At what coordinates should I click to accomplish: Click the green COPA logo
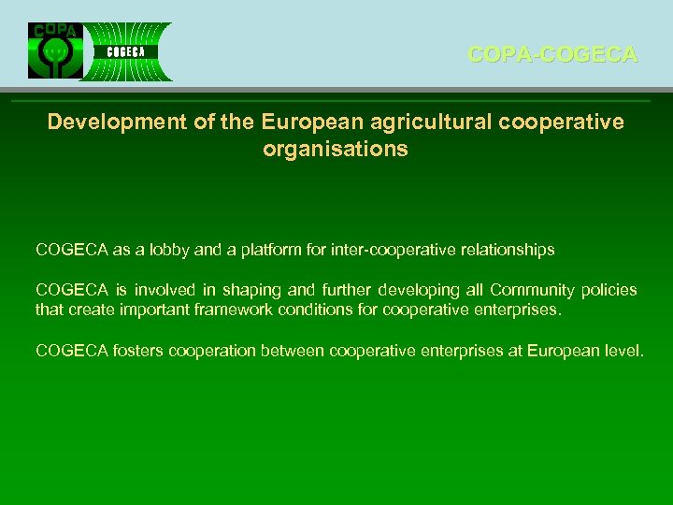[55, 50]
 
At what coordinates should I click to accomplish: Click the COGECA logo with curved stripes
[126, 51]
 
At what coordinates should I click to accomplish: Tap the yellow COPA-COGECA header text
[552, 55]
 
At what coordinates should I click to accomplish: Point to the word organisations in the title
[336, 149]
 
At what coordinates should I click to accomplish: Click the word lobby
[167, 250]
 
